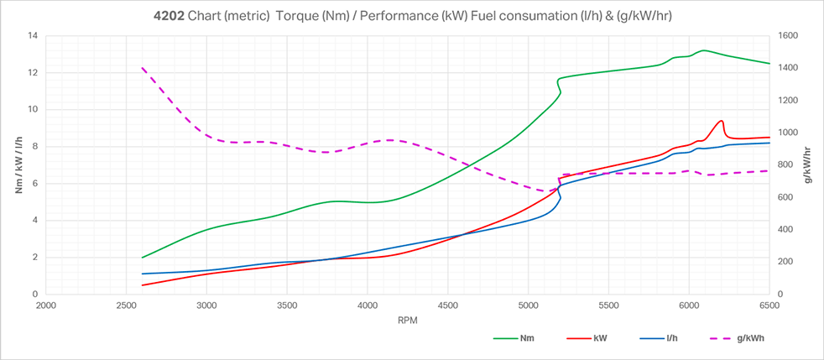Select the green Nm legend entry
tap(526, 339)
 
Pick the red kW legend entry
tap(600, 339)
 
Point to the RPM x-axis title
tap(407, 320)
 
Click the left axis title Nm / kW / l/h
tap(19, 165)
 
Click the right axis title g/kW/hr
tap(807, 165)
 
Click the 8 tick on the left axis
tap(36, 147)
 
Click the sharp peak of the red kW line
tap(721, 120)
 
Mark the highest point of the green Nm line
tap(703, 50)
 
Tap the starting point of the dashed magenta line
tap(143, 68)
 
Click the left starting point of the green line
tap(143, 258)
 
